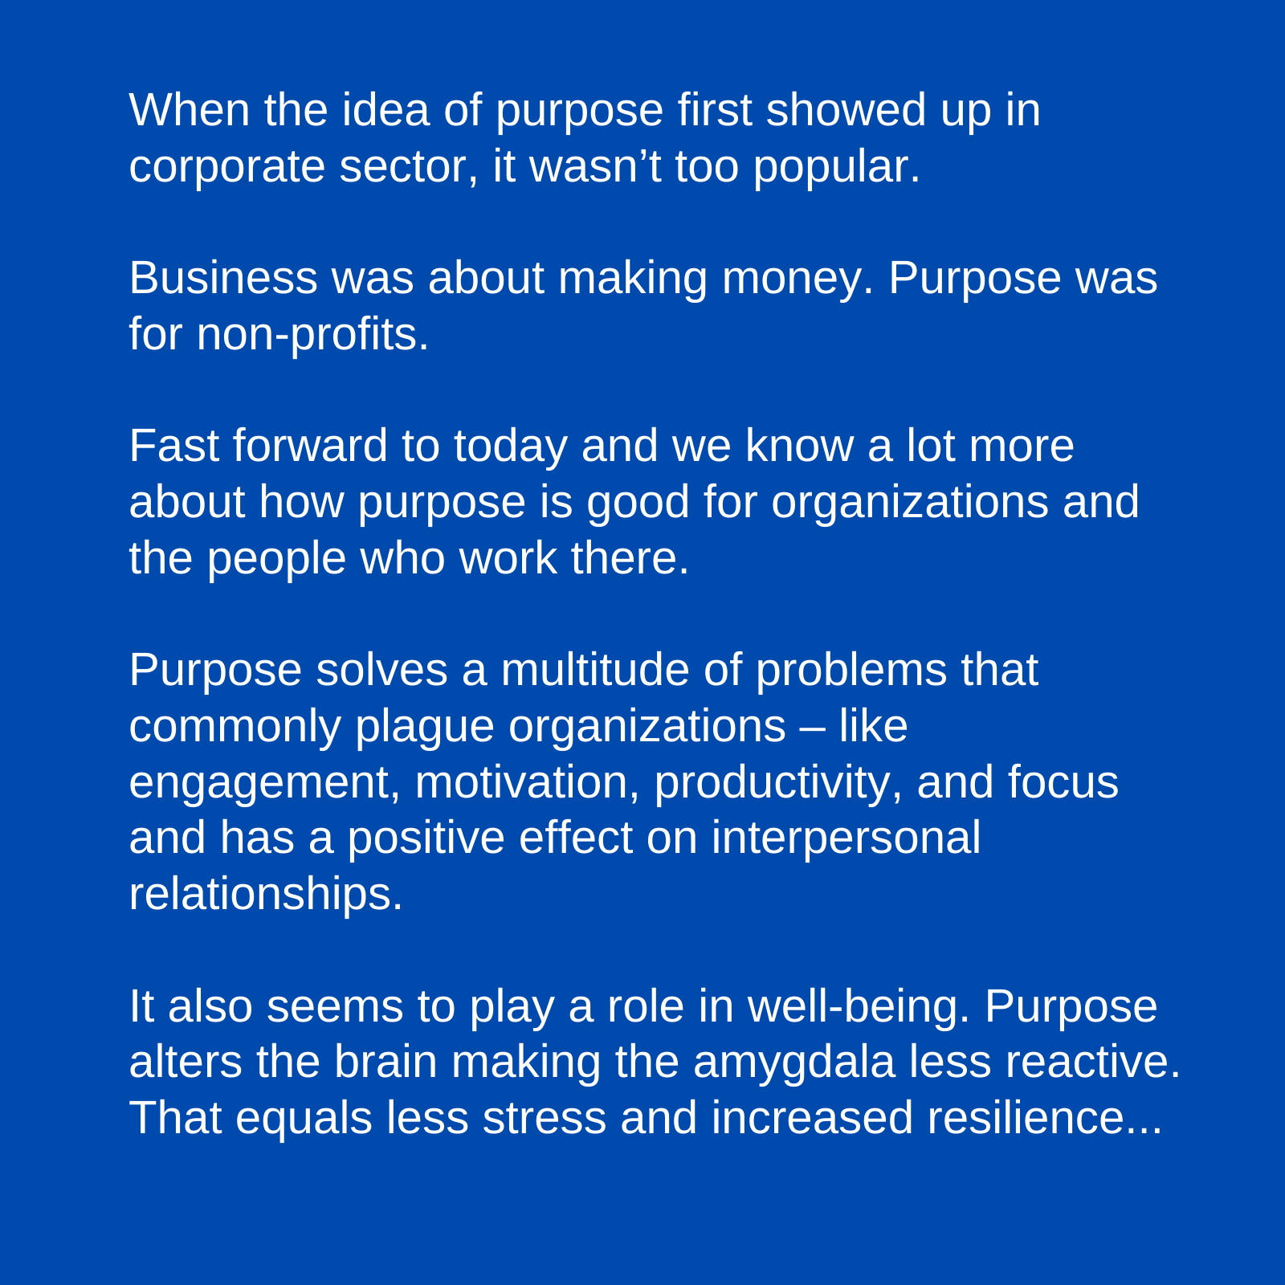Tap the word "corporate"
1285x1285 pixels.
click(x=226, y=166)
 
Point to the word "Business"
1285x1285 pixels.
click(x=222, y=278)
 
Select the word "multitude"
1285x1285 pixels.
click(x=594, y=670)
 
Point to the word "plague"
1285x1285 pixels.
click(x=424, y=726)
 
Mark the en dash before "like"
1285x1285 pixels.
click(x=812, y=726)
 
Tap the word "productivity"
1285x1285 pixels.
click(x=771, y=782)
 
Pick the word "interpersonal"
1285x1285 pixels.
click(x=846, y=838)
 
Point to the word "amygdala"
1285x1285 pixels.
click(x=793, y=1062)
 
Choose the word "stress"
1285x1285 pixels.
click(x=544, y=1118)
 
